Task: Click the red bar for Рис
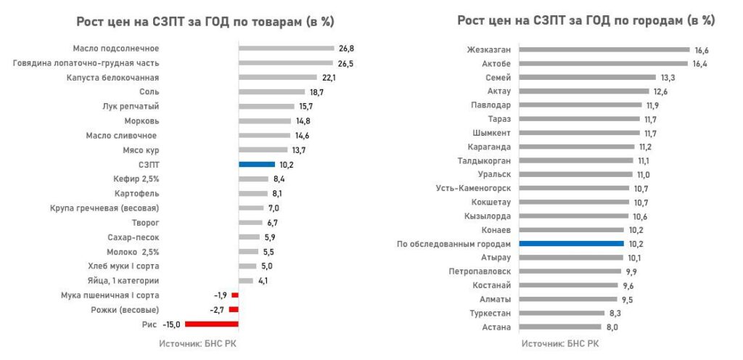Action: (212, 324)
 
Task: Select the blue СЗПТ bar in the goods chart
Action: (257, 164)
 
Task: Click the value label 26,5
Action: (345, 63)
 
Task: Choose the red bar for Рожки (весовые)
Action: (234, 309)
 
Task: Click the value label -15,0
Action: (172, 324)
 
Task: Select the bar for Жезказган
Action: (604, 50)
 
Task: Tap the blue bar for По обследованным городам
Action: (572, 244)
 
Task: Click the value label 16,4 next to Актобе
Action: (699, 64)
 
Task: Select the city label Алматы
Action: (496, 299)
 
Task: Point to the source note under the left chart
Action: (198, 343)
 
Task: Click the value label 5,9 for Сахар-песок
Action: (271, 237)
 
